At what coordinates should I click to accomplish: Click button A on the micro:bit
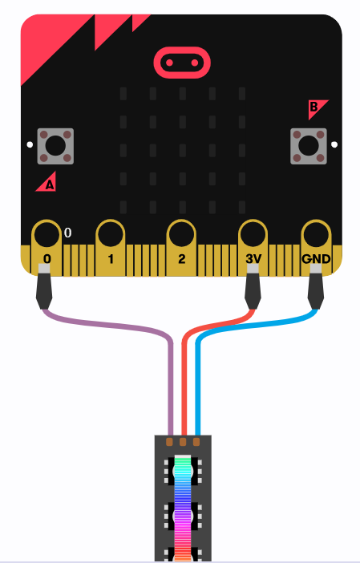55,146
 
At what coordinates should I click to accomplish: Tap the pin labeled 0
47,248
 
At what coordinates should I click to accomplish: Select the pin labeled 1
111,248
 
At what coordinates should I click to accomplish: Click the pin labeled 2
181,248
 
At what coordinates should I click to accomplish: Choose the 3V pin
253,248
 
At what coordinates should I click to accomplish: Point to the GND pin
316,248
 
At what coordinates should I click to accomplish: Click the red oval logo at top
182,63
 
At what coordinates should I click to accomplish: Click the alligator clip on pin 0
44,286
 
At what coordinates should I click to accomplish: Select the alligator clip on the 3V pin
253,286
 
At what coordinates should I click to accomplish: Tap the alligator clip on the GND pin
316,286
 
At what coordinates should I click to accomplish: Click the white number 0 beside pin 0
68,233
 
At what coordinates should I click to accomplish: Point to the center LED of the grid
183,151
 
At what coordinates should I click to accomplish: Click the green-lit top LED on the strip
183,471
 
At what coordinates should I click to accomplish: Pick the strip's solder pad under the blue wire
196,442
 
